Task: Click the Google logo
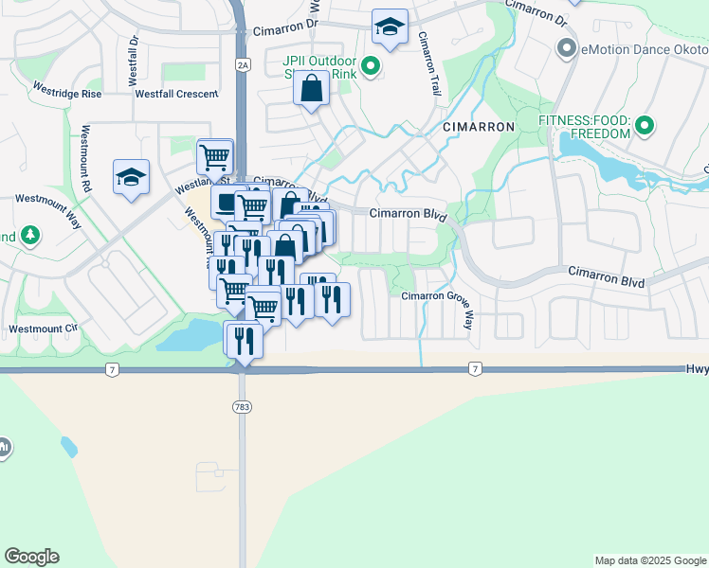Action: coord(31,557)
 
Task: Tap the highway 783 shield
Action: coord(242,406)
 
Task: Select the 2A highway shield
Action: coord(243,64)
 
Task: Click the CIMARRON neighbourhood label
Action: coord(479,126)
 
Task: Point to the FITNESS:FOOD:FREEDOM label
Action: coord(584,127)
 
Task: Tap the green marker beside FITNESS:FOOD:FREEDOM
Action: coord(645,125)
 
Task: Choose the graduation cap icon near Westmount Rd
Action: coord(132,177)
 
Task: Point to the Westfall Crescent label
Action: coord(176,94)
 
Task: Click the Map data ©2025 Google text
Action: coord(649,560)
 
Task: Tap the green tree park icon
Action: coord(30,234)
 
